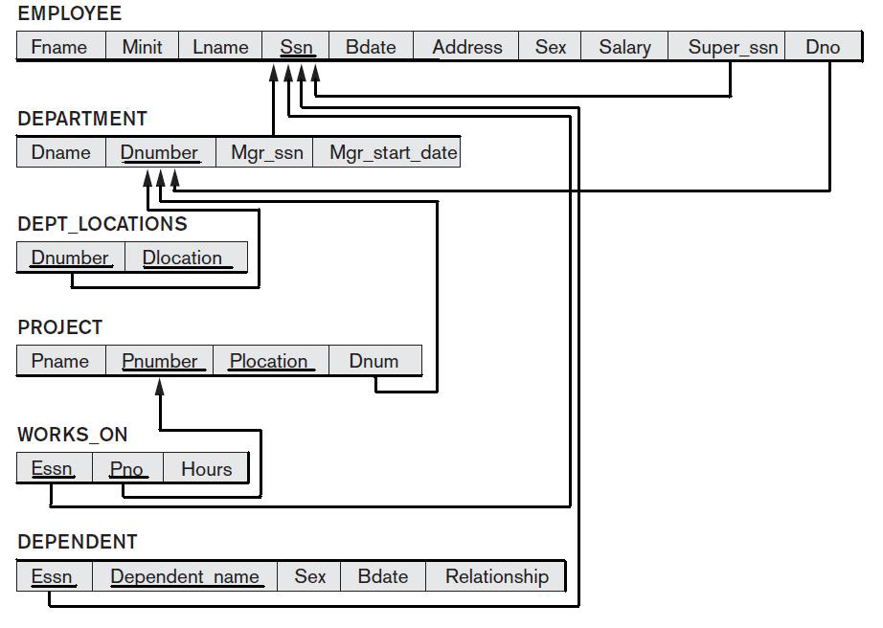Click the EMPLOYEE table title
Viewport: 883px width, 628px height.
(x=69, y=13)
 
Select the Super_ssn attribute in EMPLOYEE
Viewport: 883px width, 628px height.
(x=733, y=47)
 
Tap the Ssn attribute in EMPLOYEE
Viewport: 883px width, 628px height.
(x=296, y=47)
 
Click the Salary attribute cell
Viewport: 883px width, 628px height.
(x=624, y=47)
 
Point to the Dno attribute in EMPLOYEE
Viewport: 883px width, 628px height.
(x=822, y=47)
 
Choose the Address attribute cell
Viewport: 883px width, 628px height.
(x=466, y=47)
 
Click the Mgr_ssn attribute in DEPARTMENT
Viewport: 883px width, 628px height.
(x=266, y=152)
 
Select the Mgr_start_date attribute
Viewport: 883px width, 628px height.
(x=393, y=152)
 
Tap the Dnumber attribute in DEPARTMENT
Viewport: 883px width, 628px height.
(x=159, y=152)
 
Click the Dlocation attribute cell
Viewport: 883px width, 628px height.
(x=182, y=258)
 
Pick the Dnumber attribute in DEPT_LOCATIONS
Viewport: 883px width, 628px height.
(x=70, y=258)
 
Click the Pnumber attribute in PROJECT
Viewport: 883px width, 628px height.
(x=159, y=361)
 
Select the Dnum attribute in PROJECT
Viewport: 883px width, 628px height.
(x=374, y=361)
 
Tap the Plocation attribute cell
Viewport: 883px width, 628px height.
(x=268, y=361)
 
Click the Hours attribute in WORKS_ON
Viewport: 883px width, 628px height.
(x=206, y=469)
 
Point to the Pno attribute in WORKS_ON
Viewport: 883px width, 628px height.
(x=126, y=469)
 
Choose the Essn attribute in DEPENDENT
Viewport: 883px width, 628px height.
(x=52, y=576)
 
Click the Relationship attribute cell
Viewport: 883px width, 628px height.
(x=496, y=576)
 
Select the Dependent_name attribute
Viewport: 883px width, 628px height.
(x=185, y=576)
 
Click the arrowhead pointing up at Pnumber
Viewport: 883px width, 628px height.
(x=160, y=386)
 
